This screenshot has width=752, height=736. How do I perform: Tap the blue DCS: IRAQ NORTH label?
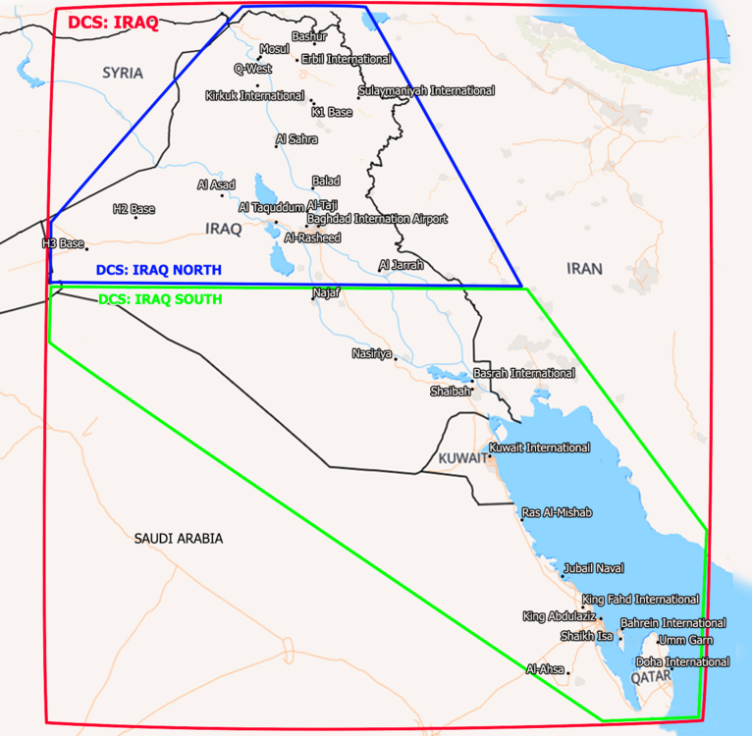pyautogui.click(x=158, y=270)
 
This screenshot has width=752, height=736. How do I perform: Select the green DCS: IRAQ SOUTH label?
pyautogui.click(x=160, y=298)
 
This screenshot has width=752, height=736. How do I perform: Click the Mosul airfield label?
pyautogui.click(x=275, y=49)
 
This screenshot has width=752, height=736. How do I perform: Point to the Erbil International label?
pyautogui.click(x=346, y=59)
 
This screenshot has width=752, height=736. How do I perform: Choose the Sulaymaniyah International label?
pyautogui.click(x=426, y=90)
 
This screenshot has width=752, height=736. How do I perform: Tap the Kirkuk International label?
pyautogui.click(x=254, y=96)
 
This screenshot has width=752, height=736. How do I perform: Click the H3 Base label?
pyautogui.click(x=63, y=242)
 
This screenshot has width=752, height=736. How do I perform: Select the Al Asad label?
pyautogui.click(x=216, y=184)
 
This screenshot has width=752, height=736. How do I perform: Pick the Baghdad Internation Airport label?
pyautogui.click(x=377, y=219)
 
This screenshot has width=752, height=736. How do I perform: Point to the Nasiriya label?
pyautogui.click(x=372, y=352)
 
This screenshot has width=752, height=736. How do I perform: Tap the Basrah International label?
pyautogui.click(x=524, y=373)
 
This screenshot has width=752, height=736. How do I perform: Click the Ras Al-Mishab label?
pyautogui.click(x=557, y=512)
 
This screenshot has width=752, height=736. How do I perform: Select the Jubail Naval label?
pyautogui.click(x=593, y=568)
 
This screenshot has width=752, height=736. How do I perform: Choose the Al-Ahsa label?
pyautogui.click(x=545, y=668)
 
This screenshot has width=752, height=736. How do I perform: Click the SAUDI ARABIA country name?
pyautogui.click(x=179, y=539)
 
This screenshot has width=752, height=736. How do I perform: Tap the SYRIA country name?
pyautogui.click(x=123, y=73)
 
